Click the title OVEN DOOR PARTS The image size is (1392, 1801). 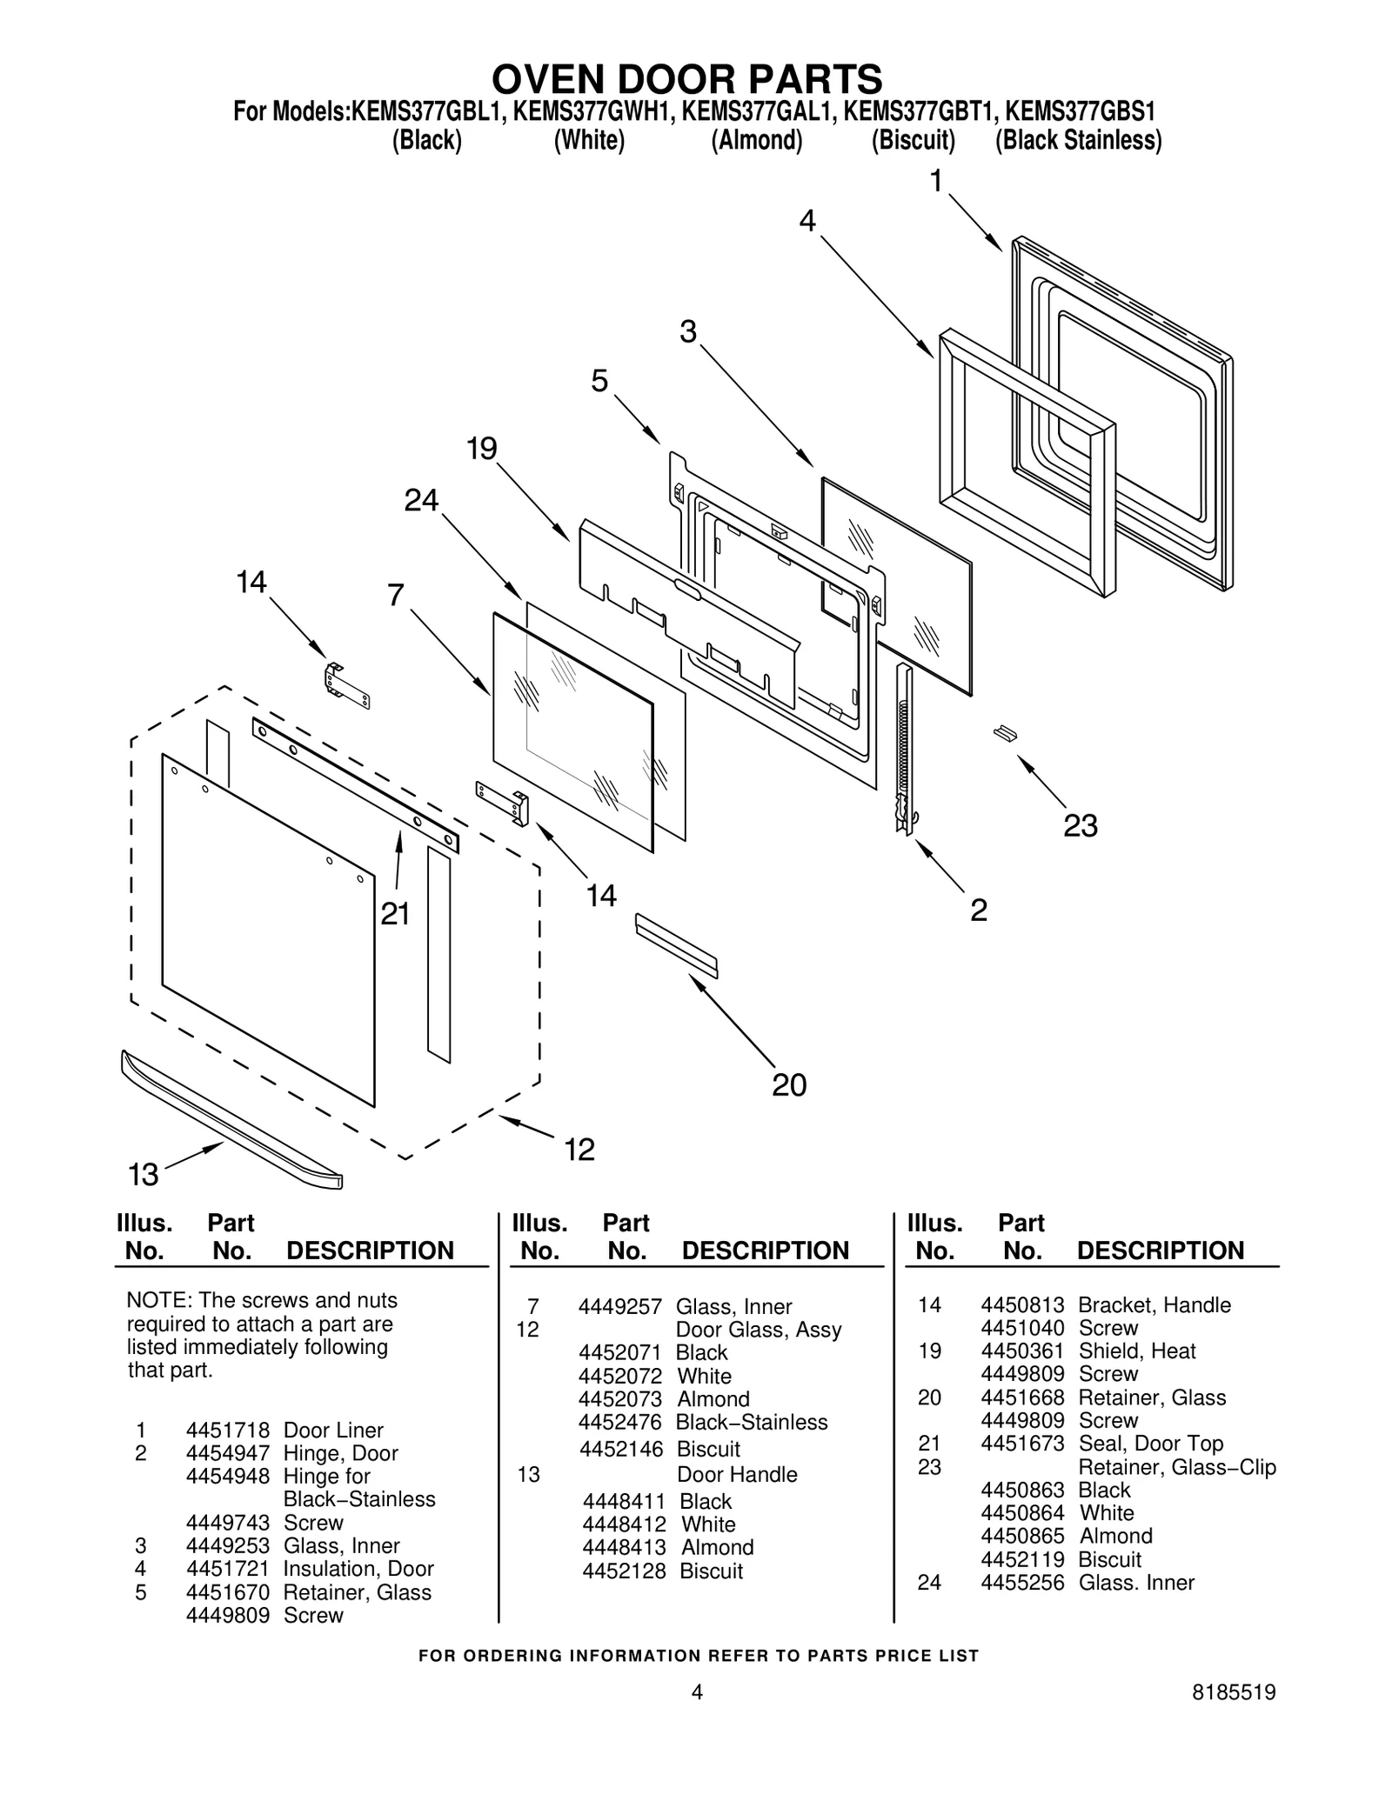[x=686, y=79]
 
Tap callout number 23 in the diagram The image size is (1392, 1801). [x=1080, y=825]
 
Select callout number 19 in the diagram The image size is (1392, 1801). [x=481, y=449]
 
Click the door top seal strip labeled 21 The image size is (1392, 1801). [x=355, y=786]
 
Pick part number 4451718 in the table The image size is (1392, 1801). [x=227, y=1431]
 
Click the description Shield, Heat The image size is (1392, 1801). [x=1136, y=1351]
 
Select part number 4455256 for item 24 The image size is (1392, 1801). [x=1022, y=1583]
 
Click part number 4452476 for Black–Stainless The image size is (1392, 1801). [x=620, y=1423]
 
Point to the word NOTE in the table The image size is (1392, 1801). [x=157, y=1301]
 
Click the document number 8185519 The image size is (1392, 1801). [x=1233, y=1717]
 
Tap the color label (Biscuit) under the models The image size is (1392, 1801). [x=913, y=140]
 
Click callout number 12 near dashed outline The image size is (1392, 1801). [x=579, y=1150]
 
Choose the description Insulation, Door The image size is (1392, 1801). [x=358, y=1569]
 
